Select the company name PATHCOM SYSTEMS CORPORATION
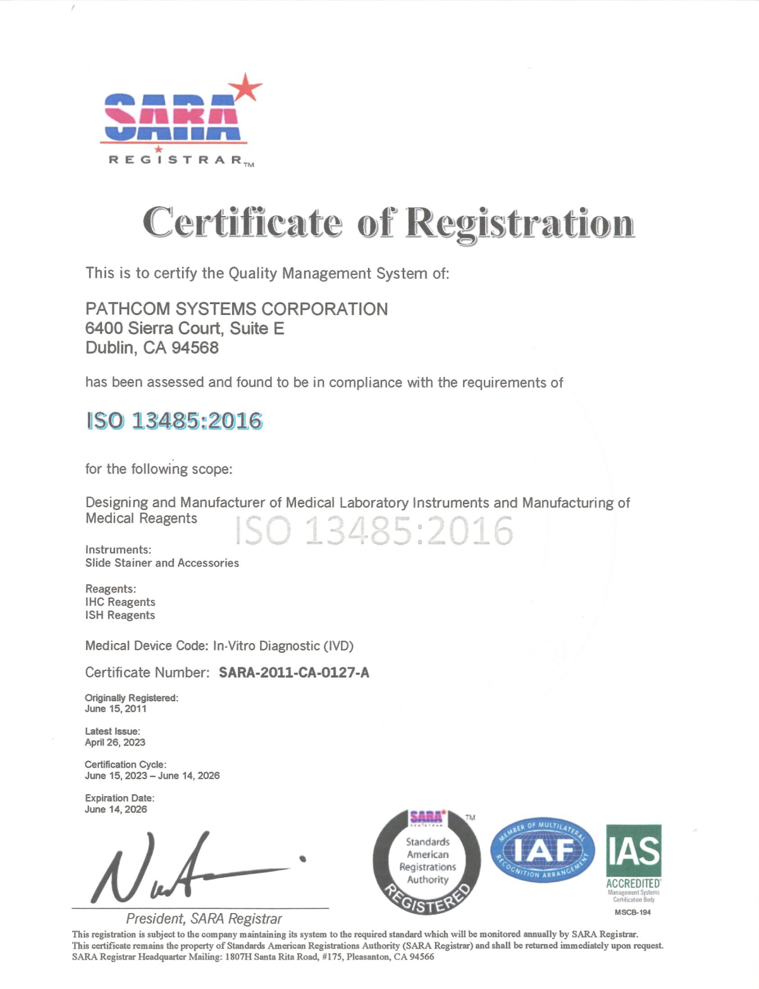point(237,309)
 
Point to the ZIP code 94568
point(195,348)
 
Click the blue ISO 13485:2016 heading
point(174,421)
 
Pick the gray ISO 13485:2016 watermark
point(374,531)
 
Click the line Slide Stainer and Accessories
point(162,563)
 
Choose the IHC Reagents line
point(120,602)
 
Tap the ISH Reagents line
point(120,615)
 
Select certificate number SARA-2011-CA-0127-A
point(294,672)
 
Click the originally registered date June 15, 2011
point(116,709)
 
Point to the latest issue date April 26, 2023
point(115,742)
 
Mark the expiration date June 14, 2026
point(116,809)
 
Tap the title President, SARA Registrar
point(204,918)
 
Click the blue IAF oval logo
point(543,851)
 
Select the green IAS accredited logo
point(633,857)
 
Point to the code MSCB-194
point(632,912)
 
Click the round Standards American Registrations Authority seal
point(427,862)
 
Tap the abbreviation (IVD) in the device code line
point(338,646)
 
